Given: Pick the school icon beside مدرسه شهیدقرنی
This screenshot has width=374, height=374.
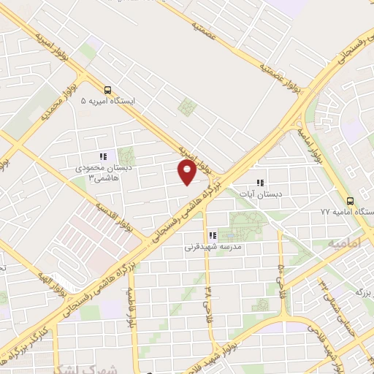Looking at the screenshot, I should point(213,235).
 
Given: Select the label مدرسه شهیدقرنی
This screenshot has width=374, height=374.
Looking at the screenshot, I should point(212,248).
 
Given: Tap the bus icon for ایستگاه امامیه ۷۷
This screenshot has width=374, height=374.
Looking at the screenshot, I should point(350,200).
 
